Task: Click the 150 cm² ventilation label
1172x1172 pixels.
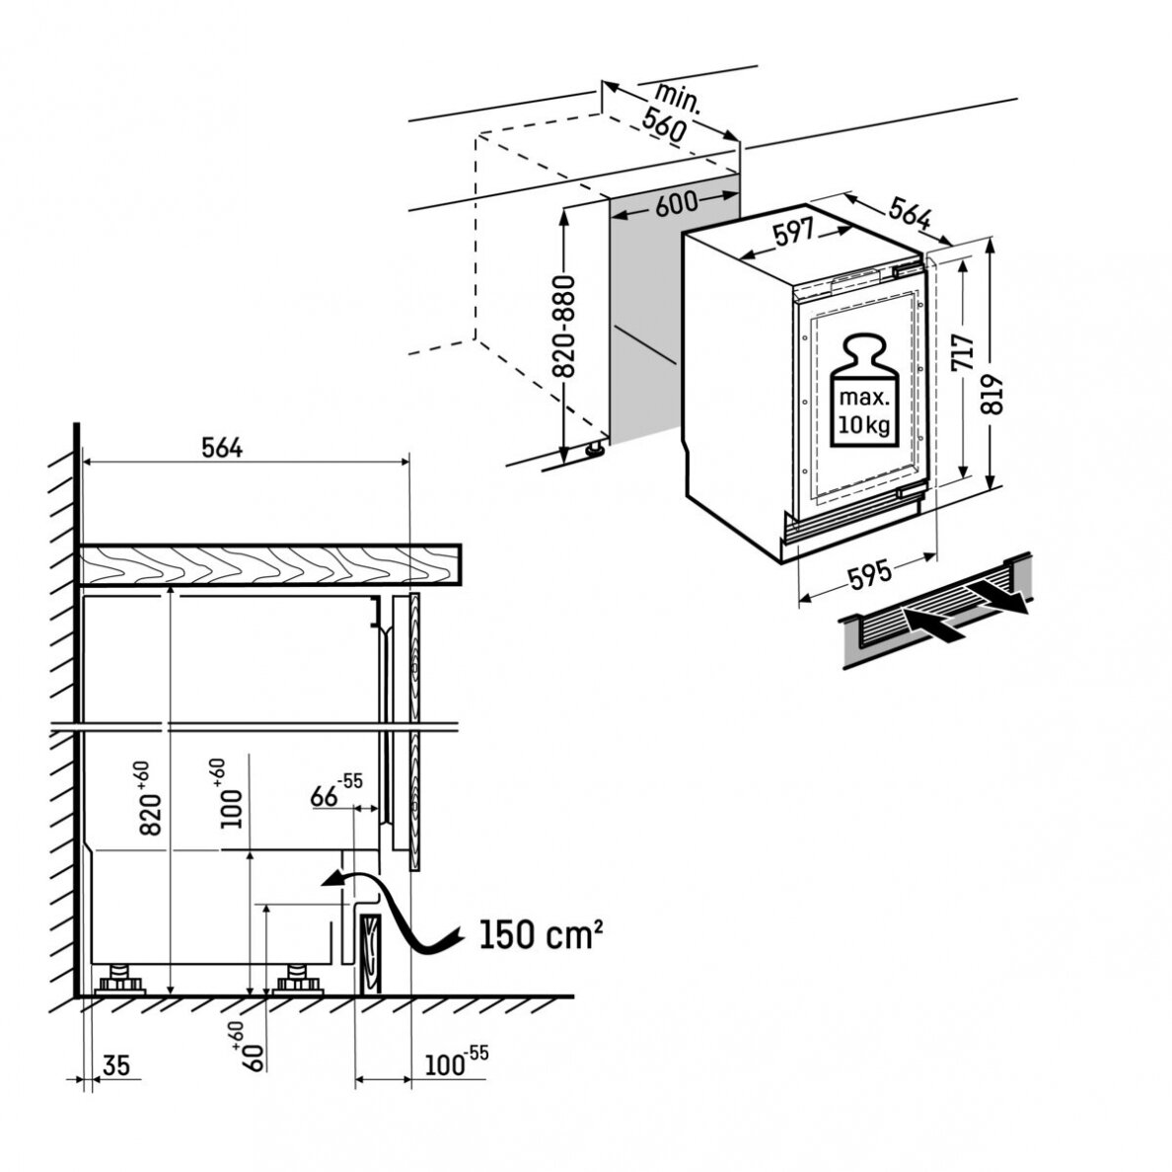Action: point(540,933)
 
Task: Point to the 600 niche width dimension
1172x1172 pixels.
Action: point(676,203)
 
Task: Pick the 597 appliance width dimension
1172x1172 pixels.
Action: point(793,233)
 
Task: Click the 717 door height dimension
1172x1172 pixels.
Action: point(963,352)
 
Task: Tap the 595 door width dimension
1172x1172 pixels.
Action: point(870,575)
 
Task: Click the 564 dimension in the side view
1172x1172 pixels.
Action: point(222,448)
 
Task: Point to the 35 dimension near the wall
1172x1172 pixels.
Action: point(115,1064)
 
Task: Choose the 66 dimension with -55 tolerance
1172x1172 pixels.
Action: point(335,791)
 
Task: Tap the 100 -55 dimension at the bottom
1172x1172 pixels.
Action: point(456,1062)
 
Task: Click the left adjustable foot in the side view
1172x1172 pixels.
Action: point(119,980)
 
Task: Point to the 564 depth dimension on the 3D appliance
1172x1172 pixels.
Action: point(910,214)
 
